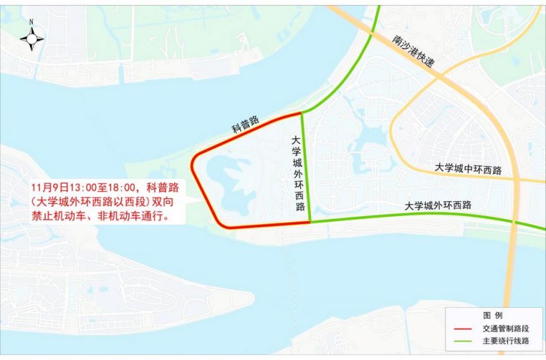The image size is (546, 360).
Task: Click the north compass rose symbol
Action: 32,39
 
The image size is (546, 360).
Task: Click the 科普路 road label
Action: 245,123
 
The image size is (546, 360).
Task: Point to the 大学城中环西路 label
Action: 468,169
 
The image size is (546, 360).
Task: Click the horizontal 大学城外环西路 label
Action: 438,205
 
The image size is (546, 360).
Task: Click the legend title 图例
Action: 493,315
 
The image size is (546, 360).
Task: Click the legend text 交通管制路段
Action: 505,328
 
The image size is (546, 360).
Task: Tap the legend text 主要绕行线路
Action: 505,341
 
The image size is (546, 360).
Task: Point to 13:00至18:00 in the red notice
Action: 106,188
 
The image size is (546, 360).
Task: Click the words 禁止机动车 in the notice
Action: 53,215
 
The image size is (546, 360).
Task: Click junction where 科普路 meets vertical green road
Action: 301,113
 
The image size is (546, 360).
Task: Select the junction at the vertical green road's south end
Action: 310,222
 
